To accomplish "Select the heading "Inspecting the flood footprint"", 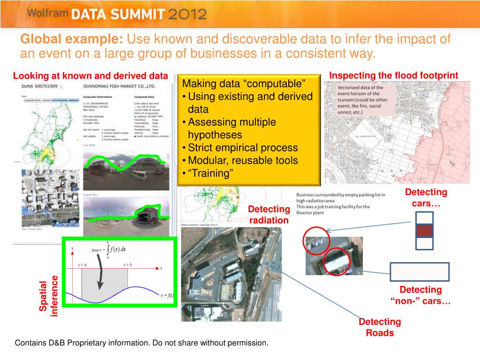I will tap(393, 75).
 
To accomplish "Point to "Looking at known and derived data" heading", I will tap(90, 76).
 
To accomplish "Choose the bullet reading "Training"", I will tap(210, 173).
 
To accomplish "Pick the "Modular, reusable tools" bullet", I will tap(243, 160).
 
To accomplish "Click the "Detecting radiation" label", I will tap(269, 215).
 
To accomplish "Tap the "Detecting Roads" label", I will tap(380, 327).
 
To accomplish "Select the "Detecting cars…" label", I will tap(426, 198).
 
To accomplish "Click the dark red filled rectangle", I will tap(424, 231).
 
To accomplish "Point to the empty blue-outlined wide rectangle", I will tap(420, 271).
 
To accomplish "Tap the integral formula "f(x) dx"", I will tap(115, 249).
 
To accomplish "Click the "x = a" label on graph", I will tap(82, 265).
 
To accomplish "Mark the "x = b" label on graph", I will tap(127, 265).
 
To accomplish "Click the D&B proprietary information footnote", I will tap(142, 343).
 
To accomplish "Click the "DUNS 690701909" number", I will tap(39, 87).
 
